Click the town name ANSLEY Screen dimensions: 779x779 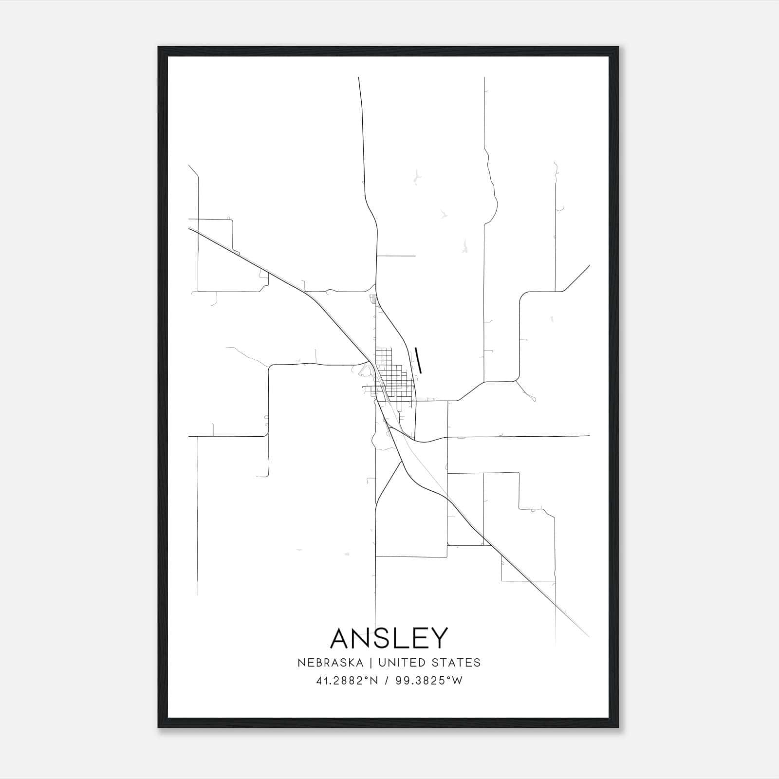(x=389, y=638)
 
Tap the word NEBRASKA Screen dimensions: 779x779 (x=332, y=663)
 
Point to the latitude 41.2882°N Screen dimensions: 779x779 (x=347, y=681)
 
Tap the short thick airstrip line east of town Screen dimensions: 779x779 (x=418, y=360)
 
